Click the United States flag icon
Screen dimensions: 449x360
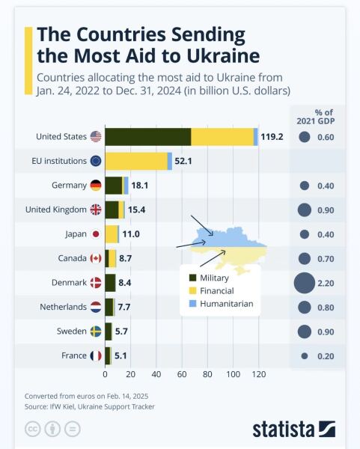(x=96, y=136)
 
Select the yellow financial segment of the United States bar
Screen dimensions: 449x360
(x=222, y=136)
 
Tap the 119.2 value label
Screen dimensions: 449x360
(x=272, y=137)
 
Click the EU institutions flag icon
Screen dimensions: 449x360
(x=96, y=161)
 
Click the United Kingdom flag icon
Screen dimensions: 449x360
(x=96, y=210)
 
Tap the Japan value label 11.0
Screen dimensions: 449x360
(x=131, y=234)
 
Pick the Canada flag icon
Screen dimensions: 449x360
(x=96, y=258)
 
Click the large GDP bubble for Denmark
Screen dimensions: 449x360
(x=304, y=283)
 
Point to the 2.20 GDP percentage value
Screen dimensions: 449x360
(x=325, y=283)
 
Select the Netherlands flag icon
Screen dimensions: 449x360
(x=96, y=307)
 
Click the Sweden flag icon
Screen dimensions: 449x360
(x=96, y=332)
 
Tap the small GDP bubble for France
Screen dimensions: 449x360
(x=304, y=356)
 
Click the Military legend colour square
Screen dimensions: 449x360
(x=193, y=278)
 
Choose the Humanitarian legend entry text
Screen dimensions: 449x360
(x=228, y=304)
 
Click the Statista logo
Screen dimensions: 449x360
(x=293, y=429)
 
